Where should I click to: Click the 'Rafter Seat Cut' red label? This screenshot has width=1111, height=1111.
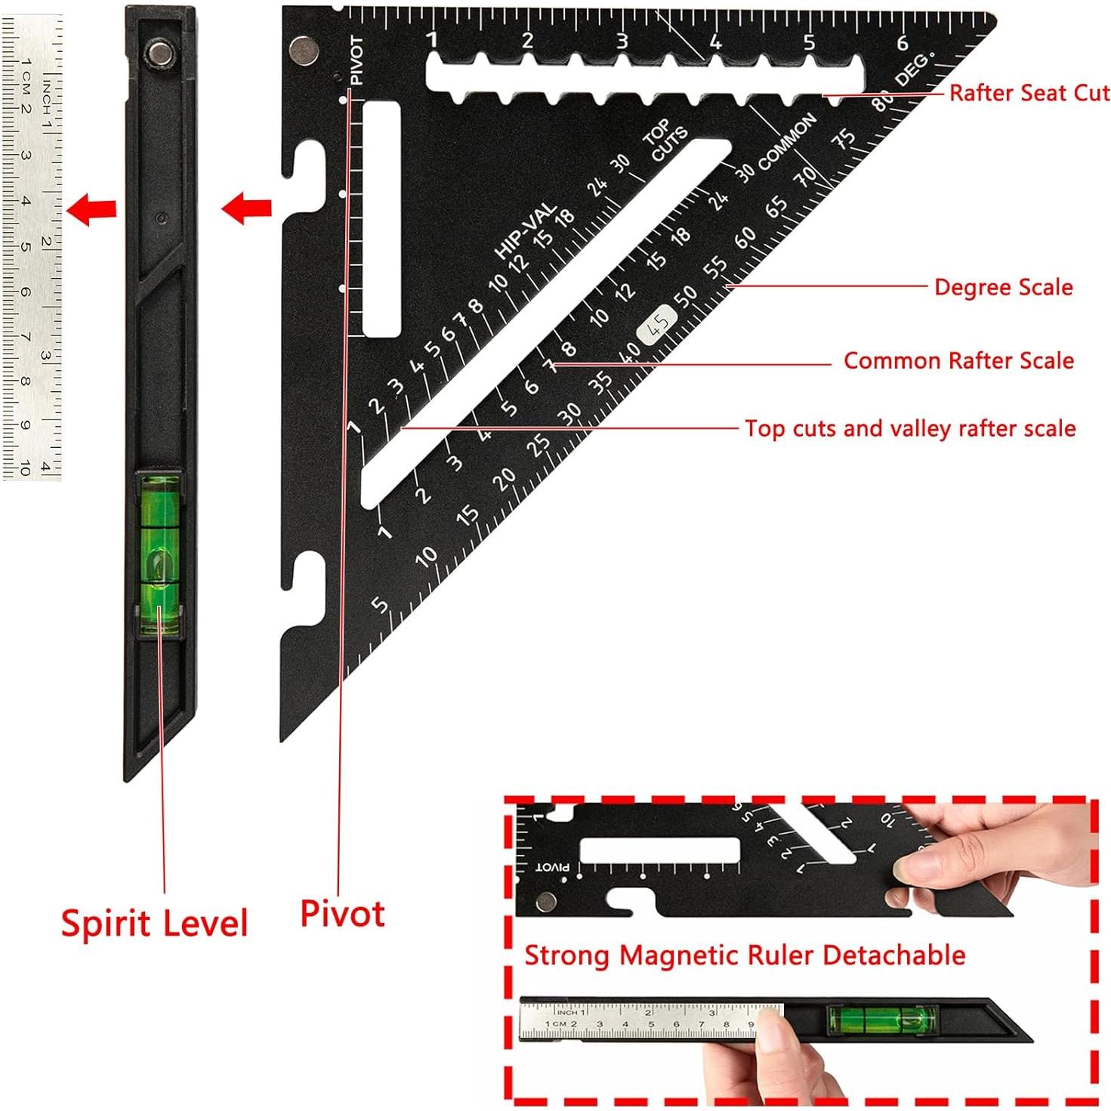coord(1029,93)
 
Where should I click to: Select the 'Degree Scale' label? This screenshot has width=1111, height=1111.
coord(1003,287)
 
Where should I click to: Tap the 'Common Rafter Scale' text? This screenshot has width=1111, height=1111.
coord(958,360)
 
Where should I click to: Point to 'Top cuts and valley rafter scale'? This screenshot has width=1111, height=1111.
coord(909,428)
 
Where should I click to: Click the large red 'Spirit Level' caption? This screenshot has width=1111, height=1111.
coord(154,923)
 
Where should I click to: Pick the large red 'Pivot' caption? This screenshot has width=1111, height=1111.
coord(342,913)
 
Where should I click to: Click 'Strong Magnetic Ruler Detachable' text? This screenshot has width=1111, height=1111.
coord(745,955)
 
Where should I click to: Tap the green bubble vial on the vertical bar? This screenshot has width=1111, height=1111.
coord(159,554)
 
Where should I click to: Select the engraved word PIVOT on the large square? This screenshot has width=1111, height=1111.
coord(357,60)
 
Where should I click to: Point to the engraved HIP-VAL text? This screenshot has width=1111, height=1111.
coord(525,230)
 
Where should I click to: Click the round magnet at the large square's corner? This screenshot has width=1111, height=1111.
coord(304,49)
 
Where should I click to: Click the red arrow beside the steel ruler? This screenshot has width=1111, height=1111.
coord(92,208)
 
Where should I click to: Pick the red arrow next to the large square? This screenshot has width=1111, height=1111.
coord(247,208)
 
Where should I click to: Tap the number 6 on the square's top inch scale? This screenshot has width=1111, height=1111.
coord(902,43)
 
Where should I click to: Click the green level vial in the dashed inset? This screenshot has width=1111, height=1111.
coord(882,1020)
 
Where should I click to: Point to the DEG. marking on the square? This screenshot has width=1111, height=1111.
coord(914,70)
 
